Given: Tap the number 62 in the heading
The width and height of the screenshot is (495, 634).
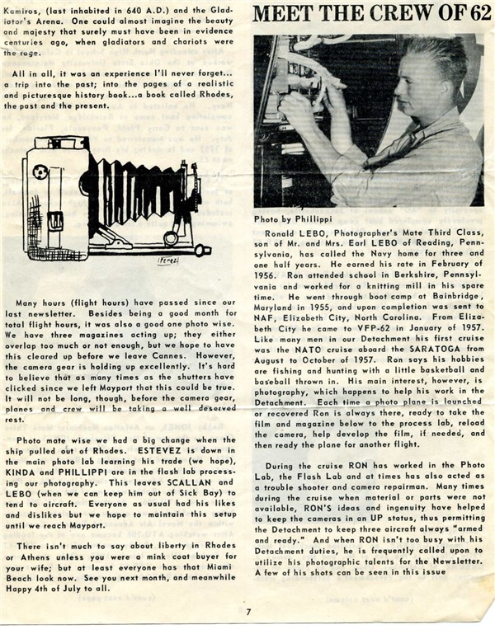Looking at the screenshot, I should pos(472,14).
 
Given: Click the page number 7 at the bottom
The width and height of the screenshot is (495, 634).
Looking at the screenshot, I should pos(247,611).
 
